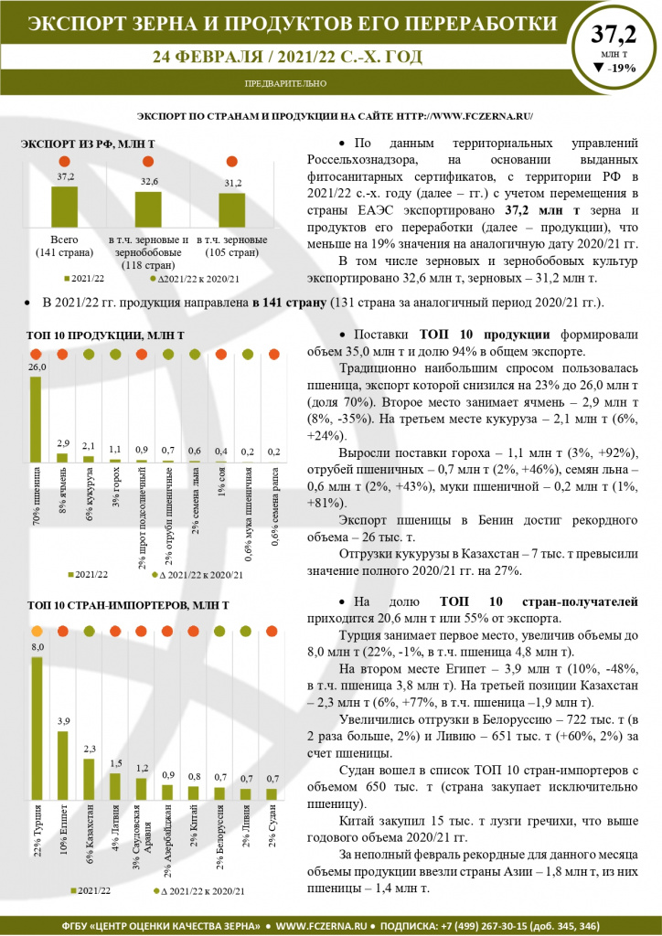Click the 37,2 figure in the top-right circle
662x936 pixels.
pos(614,36)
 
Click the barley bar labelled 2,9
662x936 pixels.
pos(62,456)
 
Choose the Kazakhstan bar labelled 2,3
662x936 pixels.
pos(89,782)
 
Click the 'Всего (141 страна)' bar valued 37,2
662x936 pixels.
pos(64,208)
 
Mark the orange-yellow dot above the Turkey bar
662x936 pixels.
pos(37,631)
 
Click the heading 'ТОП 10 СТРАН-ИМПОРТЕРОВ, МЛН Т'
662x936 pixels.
pos(128,605)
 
